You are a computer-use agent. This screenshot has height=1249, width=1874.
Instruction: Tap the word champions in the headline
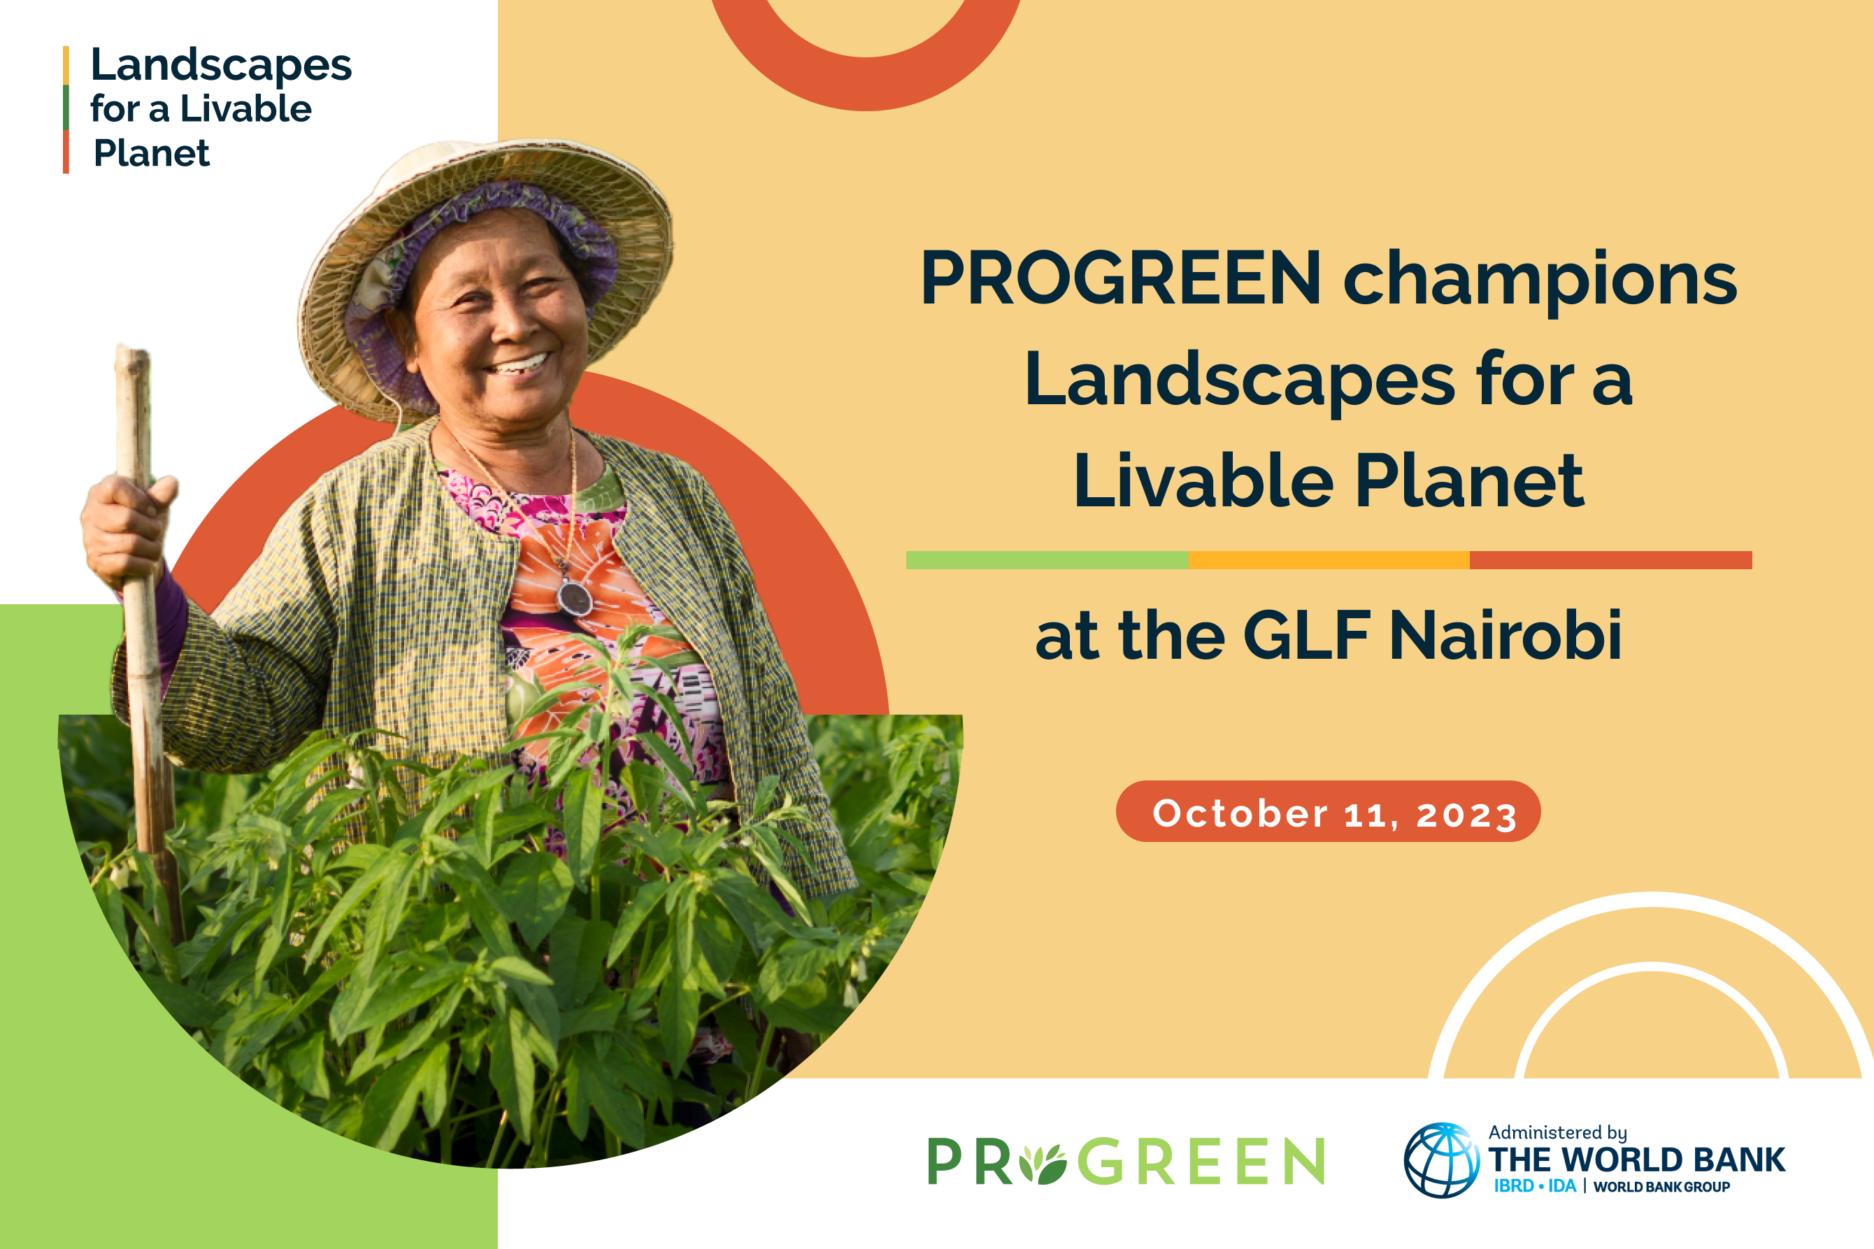1540,280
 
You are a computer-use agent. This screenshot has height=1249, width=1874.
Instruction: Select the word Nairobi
1505,635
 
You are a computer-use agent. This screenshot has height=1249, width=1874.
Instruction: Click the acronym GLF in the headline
1306,635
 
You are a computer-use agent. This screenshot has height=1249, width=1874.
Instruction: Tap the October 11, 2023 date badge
1329,811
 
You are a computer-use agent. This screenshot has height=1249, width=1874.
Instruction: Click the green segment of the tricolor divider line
1047,560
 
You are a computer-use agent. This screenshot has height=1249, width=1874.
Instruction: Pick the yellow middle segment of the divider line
1329,560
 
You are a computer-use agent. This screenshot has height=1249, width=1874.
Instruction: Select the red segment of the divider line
1610,560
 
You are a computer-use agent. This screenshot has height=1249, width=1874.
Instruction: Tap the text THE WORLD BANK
1637,1159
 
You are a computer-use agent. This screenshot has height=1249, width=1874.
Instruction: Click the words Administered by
1558,1132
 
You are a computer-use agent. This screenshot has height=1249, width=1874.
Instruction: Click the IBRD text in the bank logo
1514,1186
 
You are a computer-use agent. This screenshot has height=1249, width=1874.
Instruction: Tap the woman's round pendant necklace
574,597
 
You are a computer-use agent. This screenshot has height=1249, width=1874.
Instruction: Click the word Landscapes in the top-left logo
220,65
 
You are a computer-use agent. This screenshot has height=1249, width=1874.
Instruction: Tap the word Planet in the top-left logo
151,153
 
